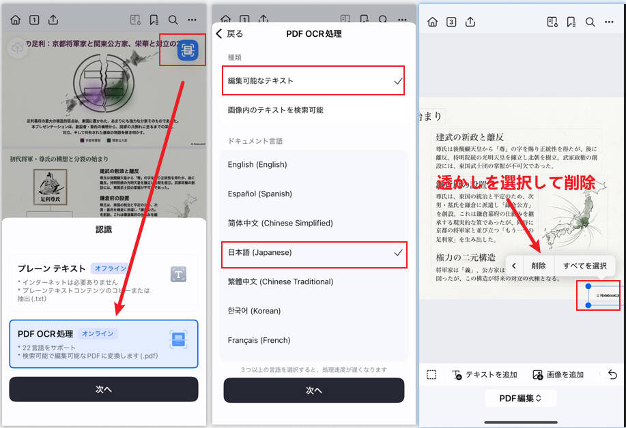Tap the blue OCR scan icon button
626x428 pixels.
tap(188, 50)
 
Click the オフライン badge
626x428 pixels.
tap(110, 269)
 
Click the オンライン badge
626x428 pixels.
tap(98, 334)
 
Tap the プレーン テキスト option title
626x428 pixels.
tap(52, 269)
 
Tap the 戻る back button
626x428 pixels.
tap(229, 33)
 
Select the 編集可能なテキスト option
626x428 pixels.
tap(261, 81)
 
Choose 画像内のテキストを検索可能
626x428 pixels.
tap(276, 110)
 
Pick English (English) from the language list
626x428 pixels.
tap(257, 164)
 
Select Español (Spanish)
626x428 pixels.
tap(260, 194)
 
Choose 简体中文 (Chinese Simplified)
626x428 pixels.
tap(281, 223)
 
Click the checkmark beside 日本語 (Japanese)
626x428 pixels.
tap(398, 252)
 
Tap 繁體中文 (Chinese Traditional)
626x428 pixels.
tap(281, 281)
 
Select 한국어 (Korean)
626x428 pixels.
tap(254, 311)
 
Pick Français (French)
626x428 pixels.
tap(259, 340)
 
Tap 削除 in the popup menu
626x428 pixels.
tap(539, 266)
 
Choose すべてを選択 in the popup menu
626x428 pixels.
tap(585, 266)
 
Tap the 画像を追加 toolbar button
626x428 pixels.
tap(558, 375)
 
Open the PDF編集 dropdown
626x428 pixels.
tap(520, 398)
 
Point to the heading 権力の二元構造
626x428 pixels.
tap(466, 258)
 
